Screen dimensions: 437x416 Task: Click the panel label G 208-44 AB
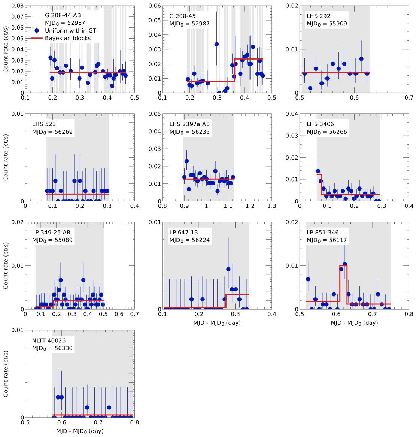coord(63,15)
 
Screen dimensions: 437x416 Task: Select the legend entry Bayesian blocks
coord(68,38)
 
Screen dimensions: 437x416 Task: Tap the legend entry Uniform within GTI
coord(71,31)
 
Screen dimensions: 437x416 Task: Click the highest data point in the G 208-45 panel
coord(216,44)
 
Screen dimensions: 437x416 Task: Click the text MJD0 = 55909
coord(327,24)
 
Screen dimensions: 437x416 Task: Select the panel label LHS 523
coord(44,124)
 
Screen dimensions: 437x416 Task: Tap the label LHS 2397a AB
coord(189,124)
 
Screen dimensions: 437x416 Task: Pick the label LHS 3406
coord(320,124)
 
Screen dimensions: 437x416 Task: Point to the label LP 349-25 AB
coord(51,233)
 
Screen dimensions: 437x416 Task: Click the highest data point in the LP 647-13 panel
coord(228,269)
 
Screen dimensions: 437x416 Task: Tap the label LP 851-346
coord(322,233)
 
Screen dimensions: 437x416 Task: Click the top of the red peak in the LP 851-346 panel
coord(343,265)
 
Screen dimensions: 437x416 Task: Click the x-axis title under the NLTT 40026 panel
coord(80,431)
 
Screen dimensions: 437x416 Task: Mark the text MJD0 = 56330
coord(52,348)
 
